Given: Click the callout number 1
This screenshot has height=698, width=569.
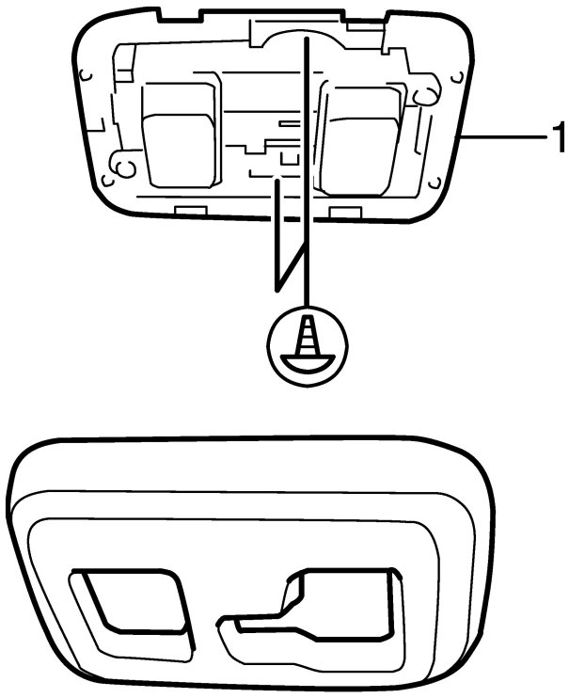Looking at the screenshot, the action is point(558,140).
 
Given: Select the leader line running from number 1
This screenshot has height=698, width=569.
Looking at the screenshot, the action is point(503,138).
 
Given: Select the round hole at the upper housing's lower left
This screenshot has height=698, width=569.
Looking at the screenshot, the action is point(121,167).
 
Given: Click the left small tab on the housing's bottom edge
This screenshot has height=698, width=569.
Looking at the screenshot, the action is point(191,208).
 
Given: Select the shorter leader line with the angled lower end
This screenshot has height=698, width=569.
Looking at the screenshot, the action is point(277,235).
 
